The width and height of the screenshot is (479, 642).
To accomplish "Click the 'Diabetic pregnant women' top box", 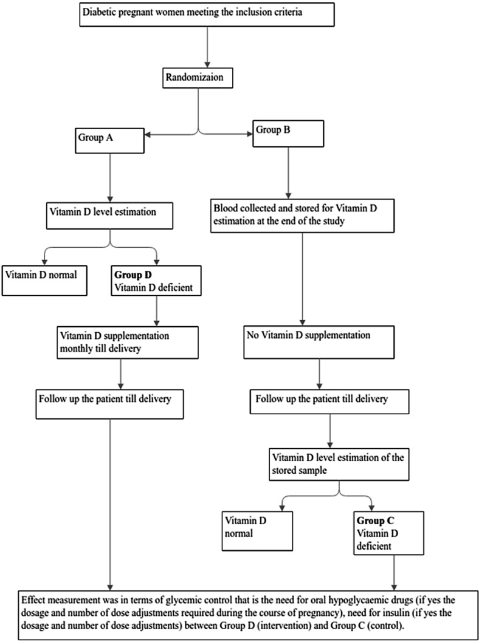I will click(x=207, y=15).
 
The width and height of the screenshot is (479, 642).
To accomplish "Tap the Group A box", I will click(x=108, y=138).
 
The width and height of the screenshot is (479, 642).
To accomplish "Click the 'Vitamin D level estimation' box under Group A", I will click(x=109, y=213).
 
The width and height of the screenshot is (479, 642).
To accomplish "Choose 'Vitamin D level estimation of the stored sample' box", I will click(x=338, y=464).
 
